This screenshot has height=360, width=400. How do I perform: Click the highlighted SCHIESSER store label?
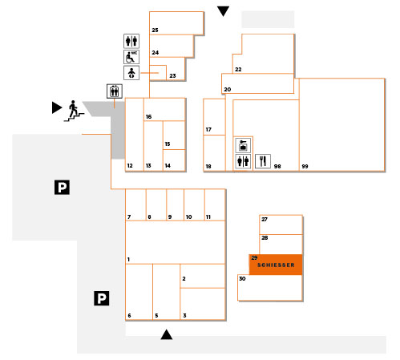point(276,265)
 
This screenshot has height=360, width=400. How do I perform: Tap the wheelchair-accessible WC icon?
point(131,57)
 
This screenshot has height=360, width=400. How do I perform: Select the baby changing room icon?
point(131,73)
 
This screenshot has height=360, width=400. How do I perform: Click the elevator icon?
point(115,91)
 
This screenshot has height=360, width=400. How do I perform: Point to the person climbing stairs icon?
point(74,111)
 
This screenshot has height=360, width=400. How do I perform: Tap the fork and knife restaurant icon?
point(263,161)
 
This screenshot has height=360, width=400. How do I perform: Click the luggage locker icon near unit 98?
point(243,145)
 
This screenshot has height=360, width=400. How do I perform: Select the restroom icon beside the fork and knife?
point(243,161)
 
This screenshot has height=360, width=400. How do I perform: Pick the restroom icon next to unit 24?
point(131,41)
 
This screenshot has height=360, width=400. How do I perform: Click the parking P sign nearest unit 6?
point(102,298)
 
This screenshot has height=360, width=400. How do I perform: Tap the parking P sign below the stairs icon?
point(62,187)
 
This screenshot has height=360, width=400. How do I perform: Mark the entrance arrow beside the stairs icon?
point(57,107)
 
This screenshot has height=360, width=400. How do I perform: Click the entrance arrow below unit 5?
point(167,334)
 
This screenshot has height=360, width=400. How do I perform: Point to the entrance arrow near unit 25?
point(223,11)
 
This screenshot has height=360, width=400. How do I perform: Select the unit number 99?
point(305,166)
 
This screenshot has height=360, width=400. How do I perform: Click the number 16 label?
point(148,116)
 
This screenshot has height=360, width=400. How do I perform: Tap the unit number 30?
point(242,278)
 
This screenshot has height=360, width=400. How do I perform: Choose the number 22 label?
point(238,70)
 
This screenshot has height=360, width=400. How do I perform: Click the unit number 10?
point(188,217)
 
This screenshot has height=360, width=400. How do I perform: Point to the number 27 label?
point(265,219)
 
